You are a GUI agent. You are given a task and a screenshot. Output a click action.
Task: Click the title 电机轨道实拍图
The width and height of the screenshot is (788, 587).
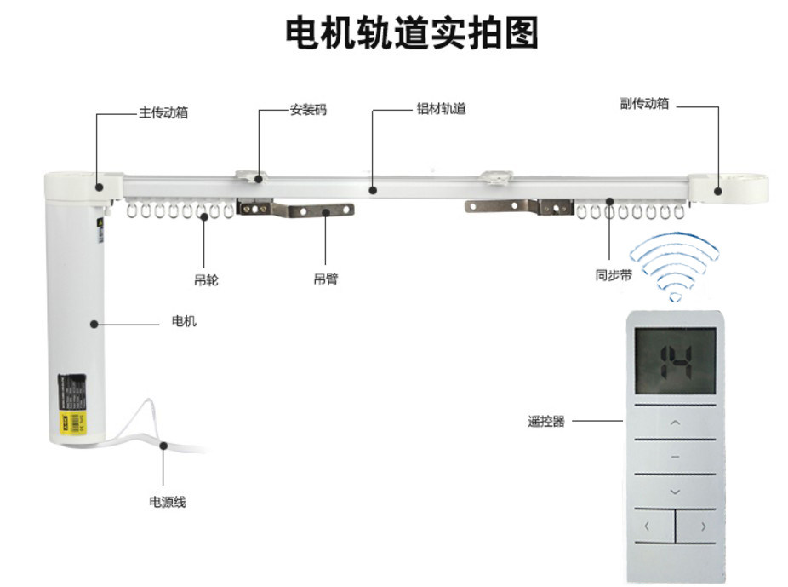[411, 33]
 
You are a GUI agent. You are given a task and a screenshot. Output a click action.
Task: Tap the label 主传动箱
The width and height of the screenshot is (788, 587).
[163, 112]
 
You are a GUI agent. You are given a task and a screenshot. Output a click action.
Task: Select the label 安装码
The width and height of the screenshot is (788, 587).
[307, 110]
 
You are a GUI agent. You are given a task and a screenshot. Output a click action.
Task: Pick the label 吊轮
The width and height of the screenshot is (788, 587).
[205, 279]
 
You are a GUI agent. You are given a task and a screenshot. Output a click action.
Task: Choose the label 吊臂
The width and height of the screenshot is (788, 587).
[326, 279]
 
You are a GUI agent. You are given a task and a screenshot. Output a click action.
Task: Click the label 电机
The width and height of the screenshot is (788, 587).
[184, 321]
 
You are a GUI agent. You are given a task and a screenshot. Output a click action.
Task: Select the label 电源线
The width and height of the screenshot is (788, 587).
[167, 502]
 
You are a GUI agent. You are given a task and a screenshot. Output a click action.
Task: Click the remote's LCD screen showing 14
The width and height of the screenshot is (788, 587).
[675, 360]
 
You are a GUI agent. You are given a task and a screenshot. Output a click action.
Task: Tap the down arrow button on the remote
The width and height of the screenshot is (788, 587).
[675, 492]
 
